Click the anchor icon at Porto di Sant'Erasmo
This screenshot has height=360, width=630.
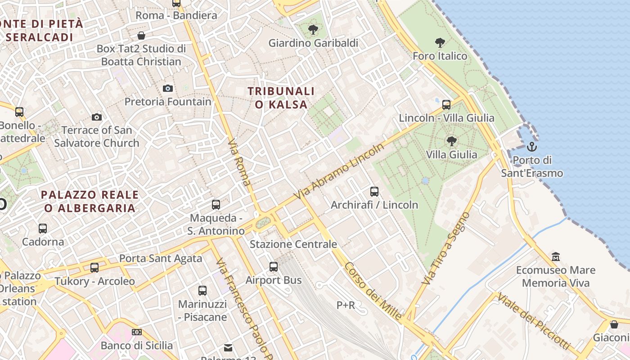click(532, 147)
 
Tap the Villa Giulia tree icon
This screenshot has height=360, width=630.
click(451, 141)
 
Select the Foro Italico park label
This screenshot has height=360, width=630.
click(440, 56)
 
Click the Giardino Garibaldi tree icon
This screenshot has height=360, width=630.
click(313, 30)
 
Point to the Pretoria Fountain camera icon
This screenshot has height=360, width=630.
click(167, 88)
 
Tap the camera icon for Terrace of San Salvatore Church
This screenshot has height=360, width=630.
click(96, 117)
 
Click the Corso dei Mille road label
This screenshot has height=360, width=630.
click(373, 291)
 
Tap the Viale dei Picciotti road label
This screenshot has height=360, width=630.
click(533, 322)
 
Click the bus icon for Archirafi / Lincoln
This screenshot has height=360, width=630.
click(374, 192)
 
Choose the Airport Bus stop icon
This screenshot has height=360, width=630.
click(273, 266)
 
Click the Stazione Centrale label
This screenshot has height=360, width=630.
click(293, 244)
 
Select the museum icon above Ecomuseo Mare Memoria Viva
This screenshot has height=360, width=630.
click(556, 256)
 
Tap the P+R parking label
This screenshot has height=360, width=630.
click(346, 305)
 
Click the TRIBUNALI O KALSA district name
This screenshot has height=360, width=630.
click(281, 98)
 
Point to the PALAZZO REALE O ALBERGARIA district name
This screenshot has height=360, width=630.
click(90, 201)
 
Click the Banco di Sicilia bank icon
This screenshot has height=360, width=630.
click(137, 332)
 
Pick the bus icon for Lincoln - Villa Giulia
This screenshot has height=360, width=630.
click(446, 104)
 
